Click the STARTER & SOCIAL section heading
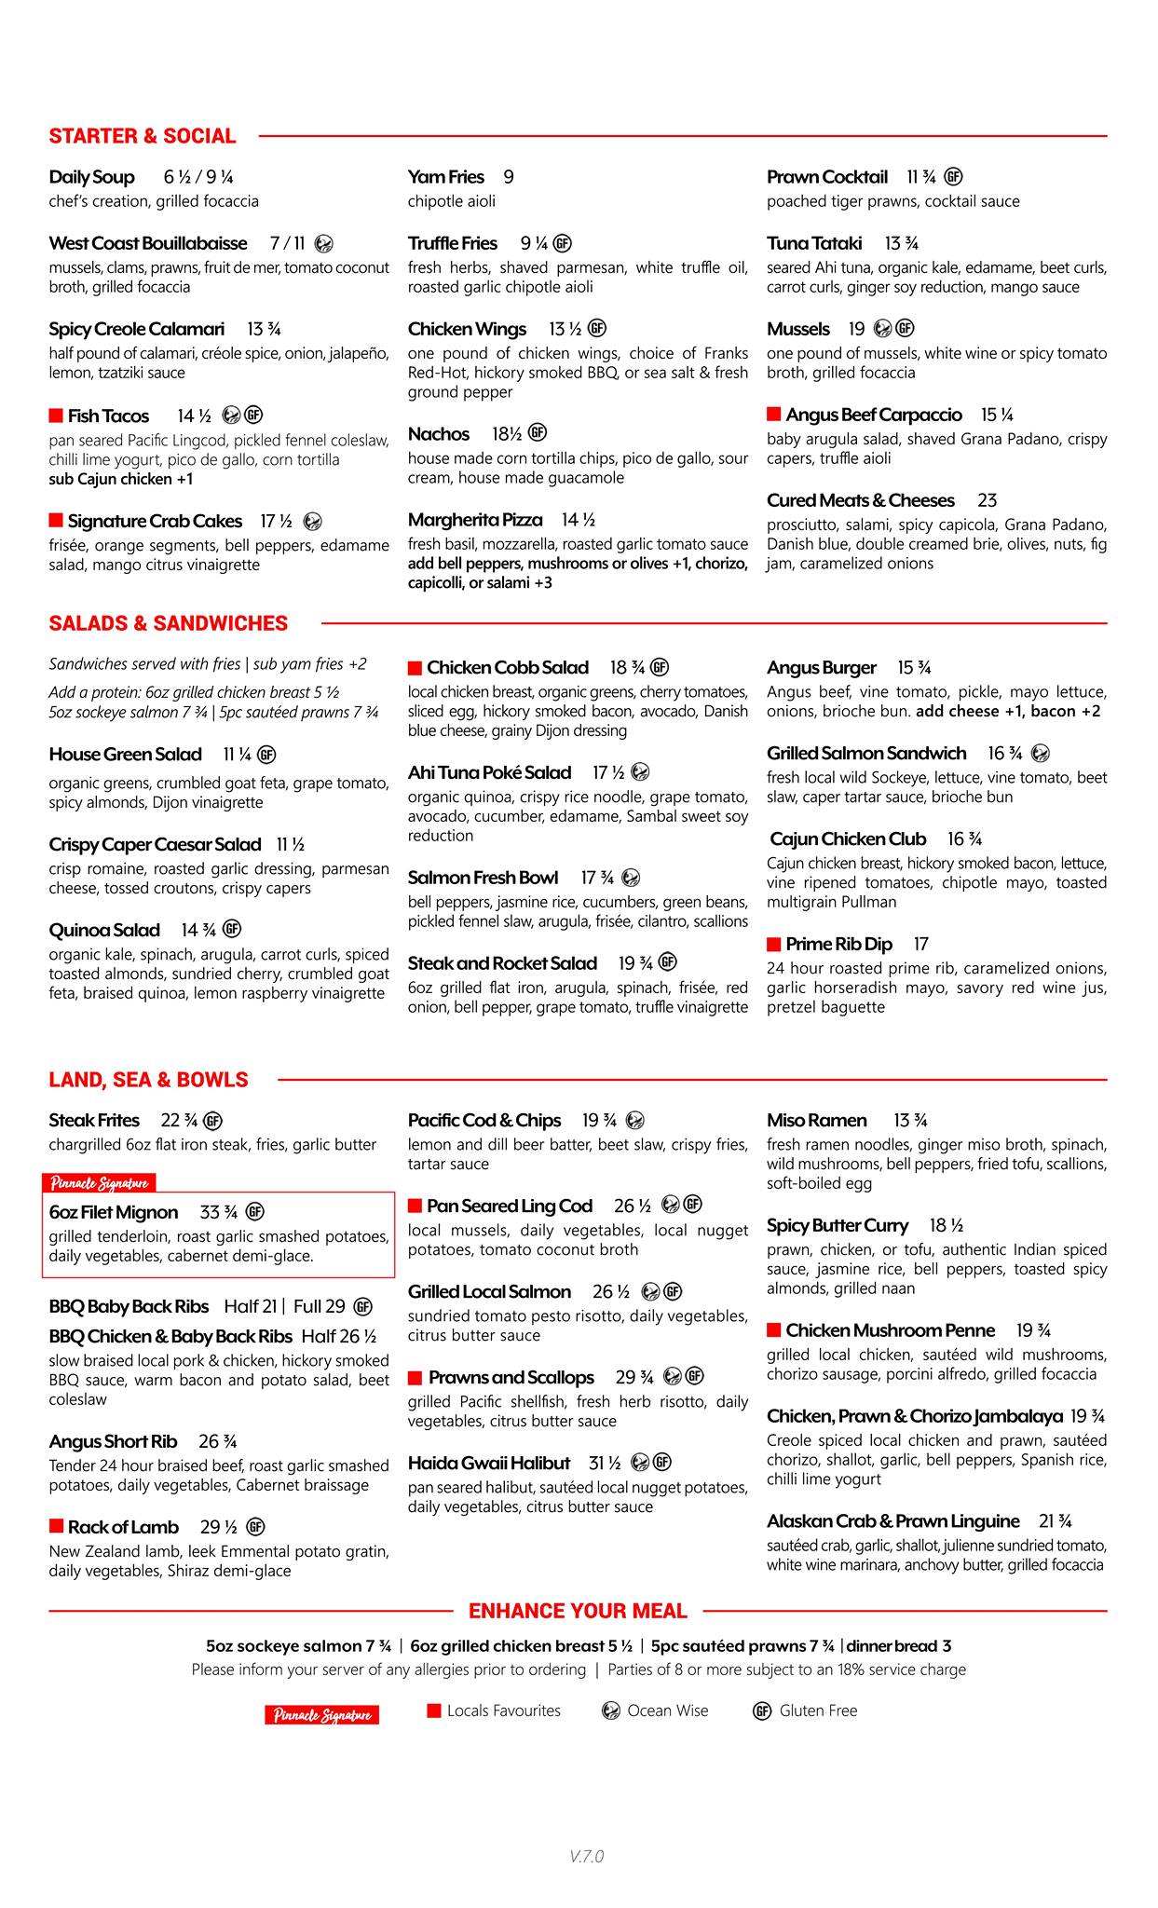(x=142, y=136)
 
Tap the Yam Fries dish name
(x=445, y=177)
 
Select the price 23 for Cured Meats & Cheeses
(x=987, y=500)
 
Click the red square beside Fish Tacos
(x=56, y=416)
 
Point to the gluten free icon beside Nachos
(x=537, y=432)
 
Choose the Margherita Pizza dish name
(x=474, y=520)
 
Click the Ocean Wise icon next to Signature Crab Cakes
(x=313, y=522)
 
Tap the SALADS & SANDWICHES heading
(x=168, y=623)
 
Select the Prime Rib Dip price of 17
(x=920, y=944)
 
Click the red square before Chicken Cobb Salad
(x=415, y=668)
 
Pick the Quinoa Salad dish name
(x=104, y=930)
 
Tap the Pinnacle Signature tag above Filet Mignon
(x=99, y=1183)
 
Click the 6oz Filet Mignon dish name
(x=113, y=1212)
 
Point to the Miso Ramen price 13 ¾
(x=909, y=1120)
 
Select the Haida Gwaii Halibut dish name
(x=488, y=1463)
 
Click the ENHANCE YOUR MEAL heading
(x=578, y=1611)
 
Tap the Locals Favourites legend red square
(x=433, y=1710)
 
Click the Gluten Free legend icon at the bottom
(x=762, y=1710)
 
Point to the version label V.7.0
(x=587, y=1856)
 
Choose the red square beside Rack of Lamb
(x=56, y=1526)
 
